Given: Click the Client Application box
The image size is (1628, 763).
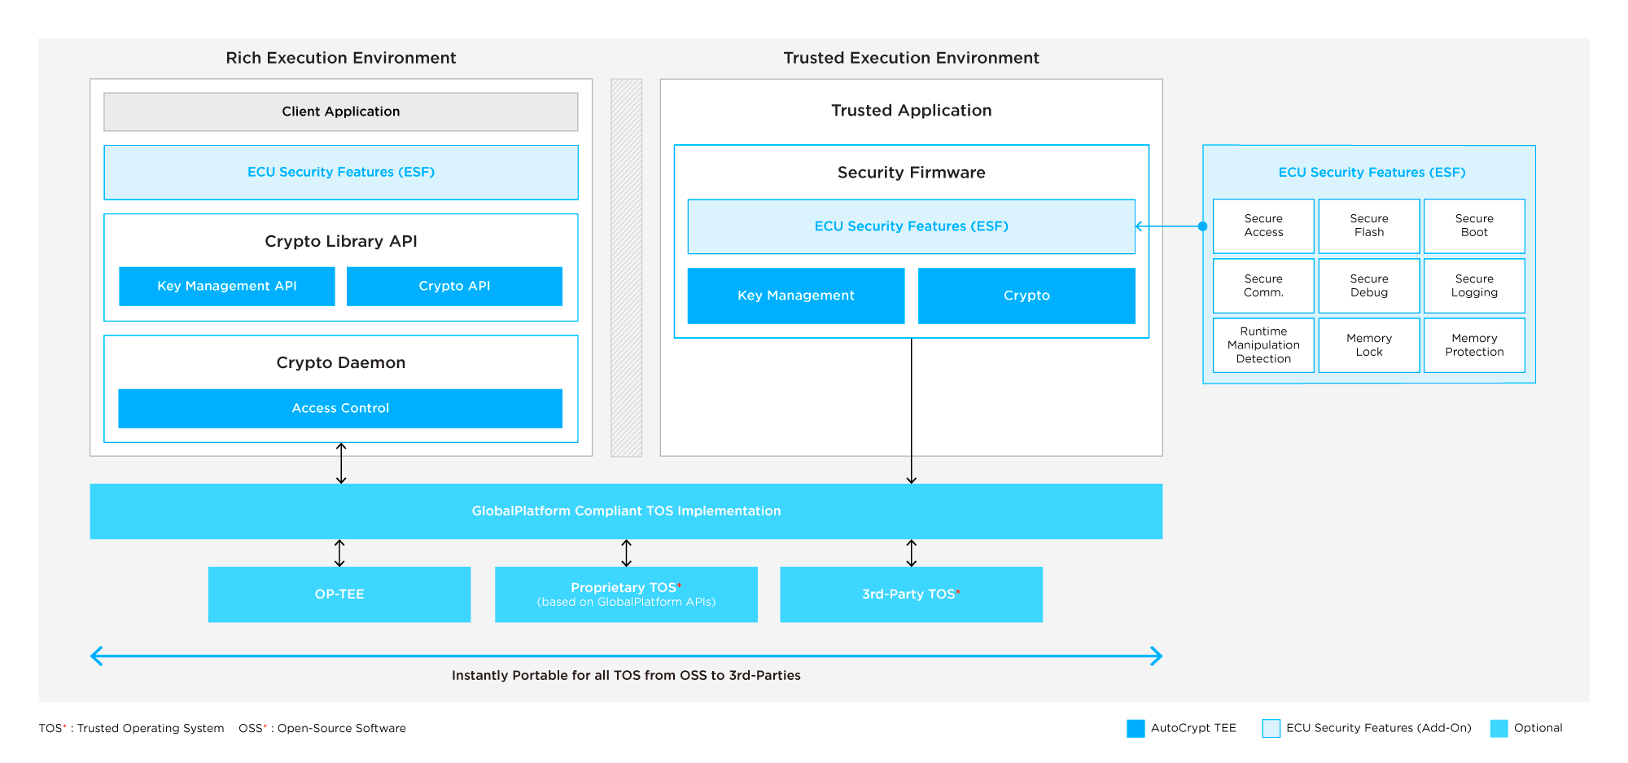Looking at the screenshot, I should (340, 112).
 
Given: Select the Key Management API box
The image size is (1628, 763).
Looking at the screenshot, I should (226, 286).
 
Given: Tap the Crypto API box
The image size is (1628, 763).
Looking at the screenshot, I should (454, 286).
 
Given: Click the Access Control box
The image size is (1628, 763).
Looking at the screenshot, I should (340, 408).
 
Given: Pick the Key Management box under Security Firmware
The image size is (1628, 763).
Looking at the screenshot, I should (795, 296).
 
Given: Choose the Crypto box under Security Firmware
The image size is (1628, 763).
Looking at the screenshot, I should (1026, 296).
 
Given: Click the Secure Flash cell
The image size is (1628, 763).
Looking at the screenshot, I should (1369, 226).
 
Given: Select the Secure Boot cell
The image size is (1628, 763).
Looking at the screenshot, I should (1474, 226).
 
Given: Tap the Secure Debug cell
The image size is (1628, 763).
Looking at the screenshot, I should (1369, 286).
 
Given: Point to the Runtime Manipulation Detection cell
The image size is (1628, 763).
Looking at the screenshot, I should (1263, 345).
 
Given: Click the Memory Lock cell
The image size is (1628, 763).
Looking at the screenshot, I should (1369, 345).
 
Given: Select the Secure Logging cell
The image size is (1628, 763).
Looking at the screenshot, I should (1474, 286).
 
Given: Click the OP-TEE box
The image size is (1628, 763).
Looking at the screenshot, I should (339, 594).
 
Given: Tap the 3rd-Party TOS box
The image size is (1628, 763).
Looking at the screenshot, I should (911, 594).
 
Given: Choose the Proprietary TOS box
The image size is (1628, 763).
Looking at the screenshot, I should (626, 594).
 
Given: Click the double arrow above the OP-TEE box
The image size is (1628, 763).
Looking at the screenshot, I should (339, 553).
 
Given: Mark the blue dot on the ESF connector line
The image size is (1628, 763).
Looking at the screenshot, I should (1202, 226).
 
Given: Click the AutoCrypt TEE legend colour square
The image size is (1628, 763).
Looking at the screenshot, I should (1136, 728).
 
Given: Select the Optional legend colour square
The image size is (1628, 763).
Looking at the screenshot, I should (1499, 728).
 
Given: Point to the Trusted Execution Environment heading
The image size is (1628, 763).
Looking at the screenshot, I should (911, 58).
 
